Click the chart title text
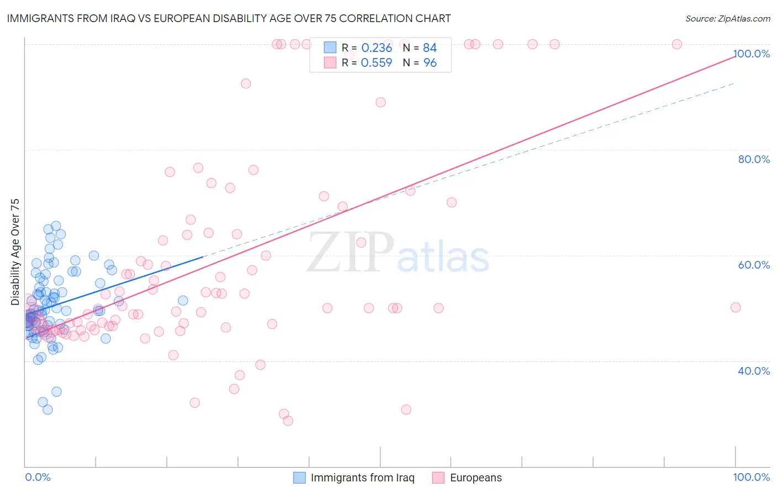click(229, 18)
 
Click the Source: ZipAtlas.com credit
click(727, 18)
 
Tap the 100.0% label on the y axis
click(751, 54)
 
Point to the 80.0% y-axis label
click(754, 159)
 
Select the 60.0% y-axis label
click(754, 265)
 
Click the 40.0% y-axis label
click(754, 371)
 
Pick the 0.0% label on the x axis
click(38, 478)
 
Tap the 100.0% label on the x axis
click(751, 478)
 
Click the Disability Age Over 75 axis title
click(15, 252)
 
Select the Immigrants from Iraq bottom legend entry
click(362, 478)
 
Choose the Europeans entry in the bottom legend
click(475, 478)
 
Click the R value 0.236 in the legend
click(376, 48)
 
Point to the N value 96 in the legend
click(430, 63)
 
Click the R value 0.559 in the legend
click(376, 63)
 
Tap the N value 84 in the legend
click(430, 48)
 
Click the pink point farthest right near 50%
click(735, 308)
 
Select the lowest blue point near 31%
click(48, 410)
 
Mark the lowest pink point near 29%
click(288, 421)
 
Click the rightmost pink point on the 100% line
click(676, 44)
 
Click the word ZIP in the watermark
click(350, 253)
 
